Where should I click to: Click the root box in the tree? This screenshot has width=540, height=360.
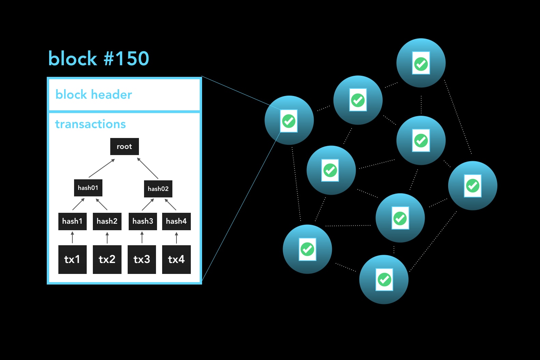[x=124, y=147]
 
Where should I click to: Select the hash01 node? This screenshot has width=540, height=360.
[x=88, y=188]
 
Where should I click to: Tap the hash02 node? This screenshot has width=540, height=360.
[x=158, y=189]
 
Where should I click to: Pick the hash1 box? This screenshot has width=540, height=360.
[x=72, y=221]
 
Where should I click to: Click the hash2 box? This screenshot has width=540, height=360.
[x=107, y=221]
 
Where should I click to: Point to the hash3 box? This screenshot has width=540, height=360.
[x=143, y=221]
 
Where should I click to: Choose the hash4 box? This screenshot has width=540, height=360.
[x=176, y=221]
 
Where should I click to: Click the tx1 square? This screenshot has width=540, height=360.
[x=72, y=260]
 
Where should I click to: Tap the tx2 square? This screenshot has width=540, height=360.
[x=107, y=260]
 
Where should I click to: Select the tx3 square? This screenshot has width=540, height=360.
[x=142, y=260]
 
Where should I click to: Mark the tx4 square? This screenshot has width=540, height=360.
[x=176, y=260]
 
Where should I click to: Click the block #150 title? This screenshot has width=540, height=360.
[x=99, y=58]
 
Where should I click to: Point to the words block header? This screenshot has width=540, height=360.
[x=94, y=95]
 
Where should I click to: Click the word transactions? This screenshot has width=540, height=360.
[x=90, y=124]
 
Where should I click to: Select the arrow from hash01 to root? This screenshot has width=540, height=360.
[x=102, y=168]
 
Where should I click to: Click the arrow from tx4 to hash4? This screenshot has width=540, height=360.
[x=176, y=238]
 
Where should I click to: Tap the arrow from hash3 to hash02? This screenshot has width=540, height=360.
[x=148, y=204]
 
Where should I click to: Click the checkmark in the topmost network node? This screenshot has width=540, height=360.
[x=421, y=64]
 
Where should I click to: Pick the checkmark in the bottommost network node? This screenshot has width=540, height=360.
[x=384, y=280]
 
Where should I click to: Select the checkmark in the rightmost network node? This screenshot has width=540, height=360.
[x=473, y=186]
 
